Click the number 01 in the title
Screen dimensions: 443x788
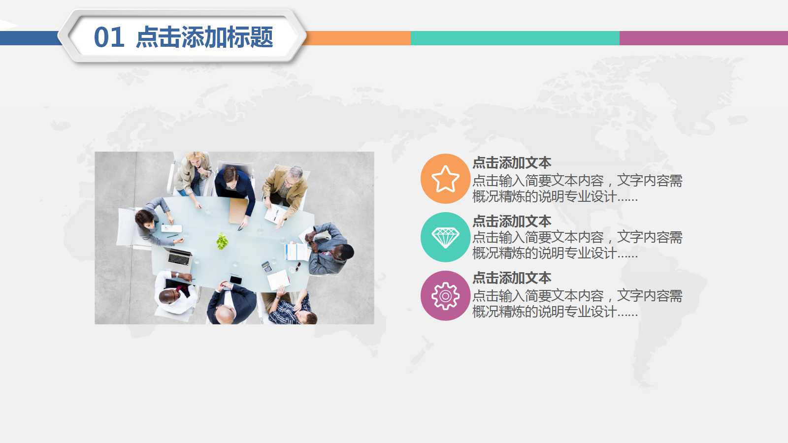pyautogui.click(x=109, y=37)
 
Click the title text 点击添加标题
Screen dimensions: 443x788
pyautogui.click(x=204, y=37)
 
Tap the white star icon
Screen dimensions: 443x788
pyautogui.click(x=445, y=179)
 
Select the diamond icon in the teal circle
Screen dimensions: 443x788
pyautogui.click(x=445, y=237)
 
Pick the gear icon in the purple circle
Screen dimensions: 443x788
pyautogui.click(x=445, y=296)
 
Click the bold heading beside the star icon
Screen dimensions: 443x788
pyautogui.click(x=511, y=163)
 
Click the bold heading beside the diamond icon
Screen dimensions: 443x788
pyautogui.click(x=511, y=221)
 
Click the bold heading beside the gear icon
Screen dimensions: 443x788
pyautogui.click(x=511, y=278)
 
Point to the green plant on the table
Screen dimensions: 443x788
pyautogui.click(x=222, y=241)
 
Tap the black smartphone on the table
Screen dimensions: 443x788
pyautogui.click(x=235, y=280)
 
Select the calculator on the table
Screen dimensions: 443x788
pyautogui.click(x=266, y=266)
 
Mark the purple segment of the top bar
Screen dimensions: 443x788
pyautogui.click(x=703, y=38)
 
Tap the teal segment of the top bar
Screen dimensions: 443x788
pyautogui.click(x=515, y=38)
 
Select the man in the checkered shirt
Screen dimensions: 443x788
pyautogui.click(x=293, y=310)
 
